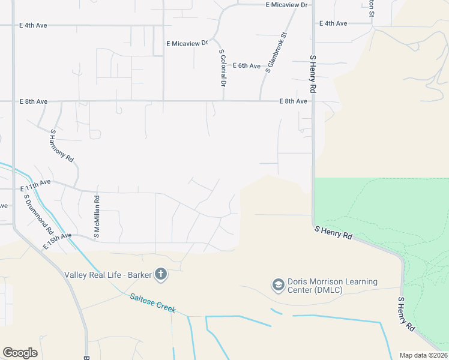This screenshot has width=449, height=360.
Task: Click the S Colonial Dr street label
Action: click(x=222, y=67)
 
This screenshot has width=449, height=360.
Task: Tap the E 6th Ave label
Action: click(x=247, y=65)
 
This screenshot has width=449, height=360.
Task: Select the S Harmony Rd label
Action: click(x=61, y=146)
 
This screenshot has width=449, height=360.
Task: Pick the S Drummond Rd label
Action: click(x=38, y=215)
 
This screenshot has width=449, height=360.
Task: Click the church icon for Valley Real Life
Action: click(x=160, y=275)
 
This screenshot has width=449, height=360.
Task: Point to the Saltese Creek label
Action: click(x=152, y=302)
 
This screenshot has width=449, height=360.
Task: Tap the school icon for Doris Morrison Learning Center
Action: click(x=278, y=285)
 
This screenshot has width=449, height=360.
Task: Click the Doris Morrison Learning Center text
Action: click(x=333, y=286)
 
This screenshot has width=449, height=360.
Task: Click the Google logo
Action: click(x=20, y=352)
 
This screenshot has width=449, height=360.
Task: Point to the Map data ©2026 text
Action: click(x=423, y=355)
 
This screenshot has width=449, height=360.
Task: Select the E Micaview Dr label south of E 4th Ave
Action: click(x=187, y=43)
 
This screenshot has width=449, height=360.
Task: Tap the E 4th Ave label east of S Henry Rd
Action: click(x=333, y=23)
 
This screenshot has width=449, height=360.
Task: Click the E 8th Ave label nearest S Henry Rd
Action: click(x=293, y=101)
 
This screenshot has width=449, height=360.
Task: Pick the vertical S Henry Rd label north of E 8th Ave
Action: click(x=313, y=74)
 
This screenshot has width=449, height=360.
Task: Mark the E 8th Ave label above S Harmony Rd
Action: click(x=33, y=101)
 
